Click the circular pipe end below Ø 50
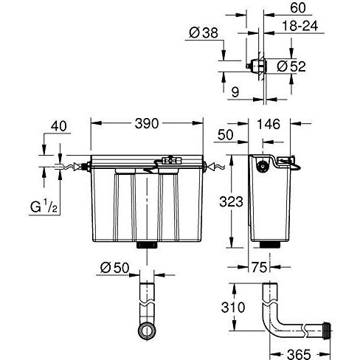pyautogui.click(x=148, y=330)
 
